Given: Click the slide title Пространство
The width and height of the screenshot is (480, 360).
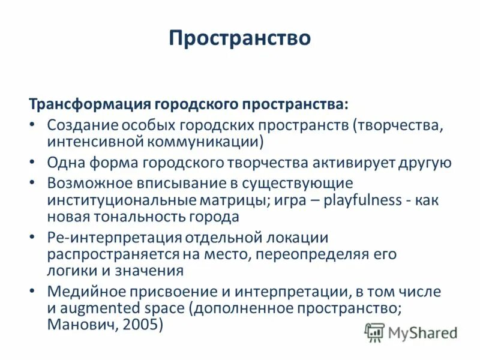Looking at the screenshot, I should (239, 38).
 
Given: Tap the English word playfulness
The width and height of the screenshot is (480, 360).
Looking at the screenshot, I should (363, 200).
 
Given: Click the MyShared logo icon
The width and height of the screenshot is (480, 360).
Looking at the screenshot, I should (375, 332).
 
